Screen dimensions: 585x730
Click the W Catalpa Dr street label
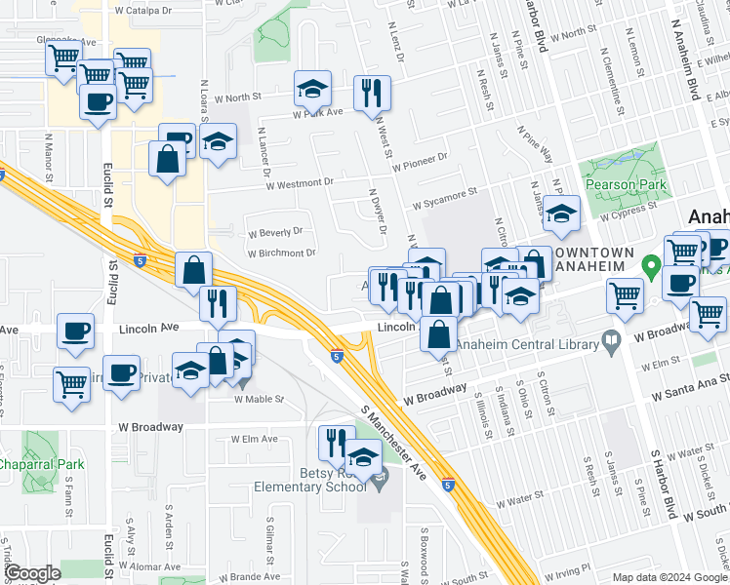[x=143, y=10]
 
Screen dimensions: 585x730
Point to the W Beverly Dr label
[x=275, y=234]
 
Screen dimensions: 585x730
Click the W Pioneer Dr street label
[x=420, y=161]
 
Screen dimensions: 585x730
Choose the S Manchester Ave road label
[x=394, y=445]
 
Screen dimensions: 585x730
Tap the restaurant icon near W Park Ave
[x=372, y=93]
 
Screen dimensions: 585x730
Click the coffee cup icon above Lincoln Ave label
[x=76, y=331]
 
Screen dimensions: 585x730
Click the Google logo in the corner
[x=31, y=573]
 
